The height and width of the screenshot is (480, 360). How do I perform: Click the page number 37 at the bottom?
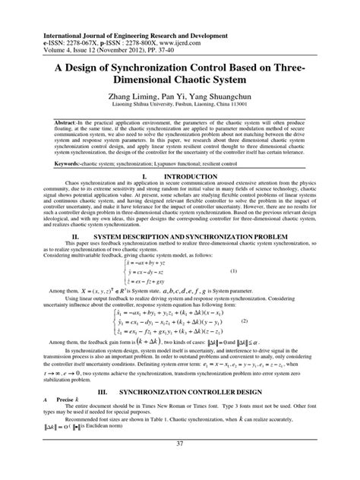[x=180, y=466]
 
